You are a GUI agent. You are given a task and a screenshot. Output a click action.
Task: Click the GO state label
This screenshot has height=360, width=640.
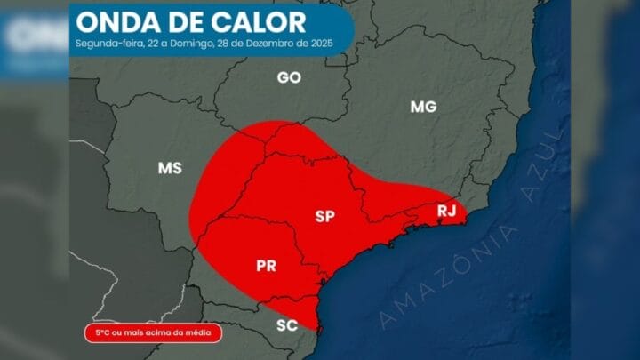289,77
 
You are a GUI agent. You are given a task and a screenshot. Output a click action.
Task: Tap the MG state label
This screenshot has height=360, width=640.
423,108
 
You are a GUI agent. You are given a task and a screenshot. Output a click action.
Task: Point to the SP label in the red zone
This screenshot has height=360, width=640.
325,215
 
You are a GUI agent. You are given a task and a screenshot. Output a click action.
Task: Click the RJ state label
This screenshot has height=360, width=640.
446,211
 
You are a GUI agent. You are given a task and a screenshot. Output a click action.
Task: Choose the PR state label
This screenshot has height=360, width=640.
266,265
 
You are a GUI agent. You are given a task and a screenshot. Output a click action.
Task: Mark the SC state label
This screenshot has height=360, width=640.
286,325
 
